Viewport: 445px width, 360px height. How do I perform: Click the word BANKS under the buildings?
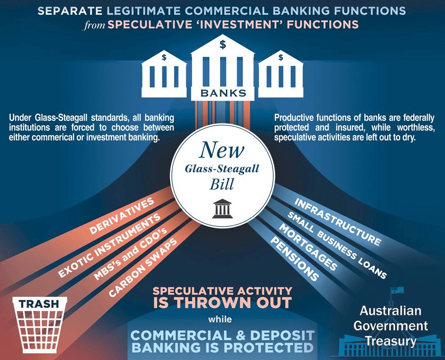pyautogui.click(x=223, y=93)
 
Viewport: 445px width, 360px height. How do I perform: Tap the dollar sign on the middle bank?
pyautogui.click(x=223, y=44)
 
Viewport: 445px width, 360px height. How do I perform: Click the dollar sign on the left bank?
pyautogui.click(x=164, y=57)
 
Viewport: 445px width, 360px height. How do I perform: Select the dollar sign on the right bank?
pyautogui.click(x=281, y=57)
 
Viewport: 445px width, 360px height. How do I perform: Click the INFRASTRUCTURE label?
pyautogui.click(x=337, y=221)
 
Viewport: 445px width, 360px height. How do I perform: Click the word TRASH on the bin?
pyautogui.click(x=40, y=304)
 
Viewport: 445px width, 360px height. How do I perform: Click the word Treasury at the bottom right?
pyautogui.click(x=390, y=341)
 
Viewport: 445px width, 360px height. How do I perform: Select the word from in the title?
pyautogui.click(x=94, y=25)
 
